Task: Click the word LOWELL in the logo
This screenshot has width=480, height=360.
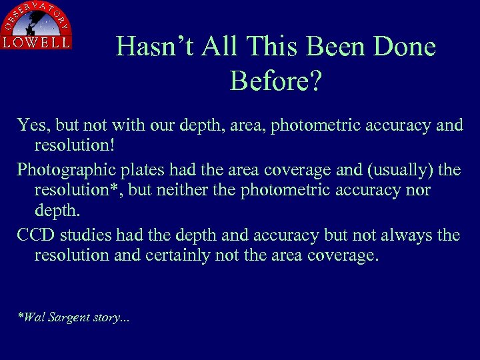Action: click(37, 41)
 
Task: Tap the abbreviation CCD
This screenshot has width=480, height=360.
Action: click(36, 235)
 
